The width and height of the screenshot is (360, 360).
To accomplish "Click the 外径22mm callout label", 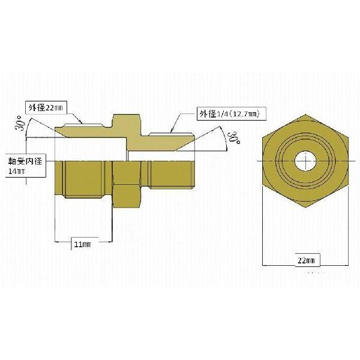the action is coord(46,107).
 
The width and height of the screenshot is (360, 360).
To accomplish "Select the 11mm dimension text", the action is coord(82,244).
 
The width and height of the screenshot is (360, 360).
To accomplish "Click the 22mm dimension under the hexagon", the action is coord(306,260).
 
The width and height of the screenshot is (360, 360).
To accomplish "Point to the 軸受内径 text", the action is coord(25,161).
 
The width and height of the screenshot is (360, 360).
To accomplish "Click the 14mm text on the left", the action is coord(17,172).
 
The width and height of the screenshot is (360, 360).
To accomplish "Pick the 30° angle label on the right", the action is coord(234,138).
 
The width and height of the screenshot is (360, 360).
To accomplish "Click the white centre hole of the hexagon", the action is coord(305,161).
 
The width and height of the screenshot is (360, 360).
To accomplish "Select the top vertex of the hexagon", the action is coord(305,114).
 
